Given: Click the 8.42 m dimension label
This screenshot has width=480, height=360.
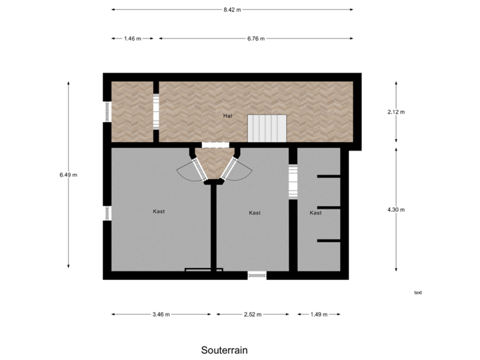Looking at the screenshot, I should (232, 10).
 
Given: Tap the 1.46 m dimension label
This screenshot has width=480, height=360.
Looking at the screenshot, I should (133, 39).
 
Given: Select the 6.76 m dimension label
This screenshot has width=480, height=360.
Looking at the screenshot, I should (256, 39).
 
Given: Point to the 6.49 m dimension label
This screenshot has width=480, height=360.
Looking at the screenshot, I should (69, 175).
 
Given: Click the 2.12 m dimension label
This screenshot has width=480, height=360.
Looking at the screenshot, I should (396, 112).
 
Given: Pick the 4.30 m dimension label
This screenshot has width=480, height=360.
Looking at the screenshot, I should (396, 209).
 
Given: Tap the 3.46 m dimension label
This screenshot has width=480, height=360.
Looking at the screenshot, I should (161, 314).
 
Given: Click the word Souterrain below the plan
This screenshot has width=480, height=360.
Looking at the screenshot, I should (224, 349).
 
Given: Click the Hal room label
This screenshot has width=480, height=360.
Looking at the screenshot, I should (228, 116).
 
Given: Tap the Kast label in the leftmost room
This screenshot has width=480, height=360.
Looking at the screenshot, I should (159, 211).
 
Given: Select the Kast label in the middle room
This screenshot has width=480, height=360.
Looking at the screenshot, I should (254, 213).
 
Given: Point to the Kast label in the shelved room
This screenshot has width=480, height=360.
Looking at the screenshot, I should (315, 213).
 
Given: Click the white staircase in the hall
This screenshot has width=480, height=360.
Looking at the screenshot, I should (267, 127).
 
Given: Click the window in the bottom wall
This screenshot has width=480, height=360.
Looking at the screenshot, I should (257, 276).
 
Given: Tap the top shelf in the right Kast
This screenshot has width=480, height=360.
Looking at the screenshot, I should (329, 176).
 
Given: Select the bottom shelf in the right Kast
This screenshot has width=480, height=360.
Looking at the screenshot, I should (329, 239).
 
